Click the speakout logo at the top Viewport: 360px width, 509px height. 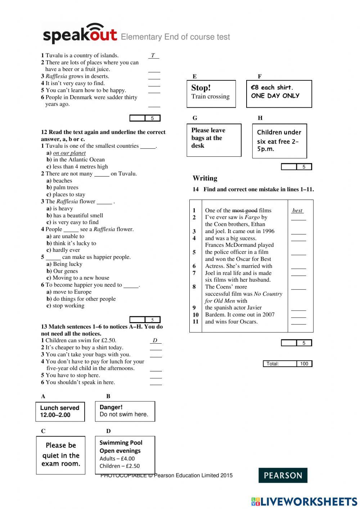80,34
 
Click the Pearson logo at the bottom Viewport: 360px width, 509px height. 283,475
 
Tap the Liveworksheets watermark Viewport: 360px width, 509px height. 304,501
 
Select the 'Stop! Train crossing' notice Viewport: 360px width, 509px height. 211,94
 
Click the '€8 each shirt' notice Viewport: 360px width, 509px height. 279,94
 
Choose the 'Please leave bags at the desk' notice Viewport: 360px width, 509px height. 214,140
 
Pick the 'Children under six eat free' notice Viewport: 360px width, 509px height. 279,141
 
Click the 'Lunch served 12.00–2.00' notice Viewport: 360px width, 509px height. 60,411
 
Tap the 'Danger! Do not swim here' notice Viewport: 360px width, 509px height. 125,411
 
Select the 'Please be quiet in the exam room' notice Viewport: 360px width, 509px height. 60,455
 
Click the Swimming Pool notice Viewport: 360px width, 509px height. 125,455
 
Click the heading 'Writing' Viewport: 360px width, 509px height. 205,178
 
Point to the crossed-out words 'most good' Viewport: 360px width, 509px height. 244,210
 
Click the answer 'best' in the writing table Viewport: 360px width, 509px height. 297,210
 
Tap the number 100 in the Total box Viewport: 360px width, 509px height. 304,363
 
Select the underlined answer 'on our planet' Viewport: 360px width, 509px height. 69,153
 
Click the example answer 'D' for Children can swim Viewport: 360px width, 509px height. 155,340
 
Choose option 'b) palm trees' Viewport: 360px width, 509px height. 62,187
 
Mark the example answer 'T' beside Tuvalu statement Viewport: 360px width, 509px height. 153,55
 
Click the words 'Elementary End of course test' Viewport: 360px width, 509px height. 175,37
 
